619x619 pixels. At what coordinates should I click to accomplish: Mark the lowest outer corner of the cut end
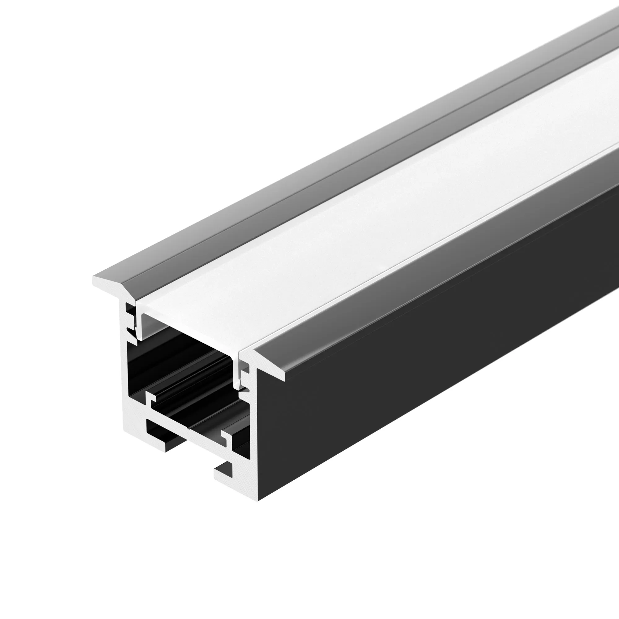pos(258,500)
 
